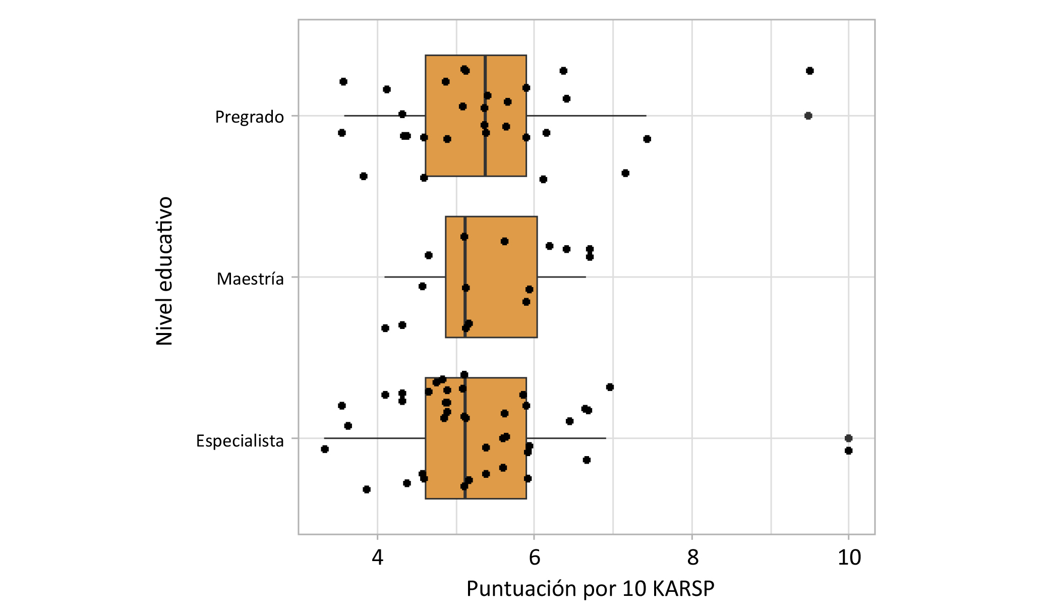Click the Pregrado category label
pos(249,117)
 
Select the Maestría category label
pos(250,279)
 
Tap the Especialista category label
pos(240,440)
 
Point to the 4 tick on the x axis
pos(377,558)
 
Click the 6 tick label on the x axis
pos(534,558)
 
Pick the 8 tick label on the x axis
pos(692,558)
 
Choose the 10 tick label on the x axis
pos(849,558)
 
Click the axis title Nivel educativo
pos(164,271)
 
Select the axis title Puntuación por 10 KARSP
pos(590,589)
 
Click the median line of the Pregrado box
pos(485,151)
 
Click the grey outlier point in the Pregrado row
pos(808,116)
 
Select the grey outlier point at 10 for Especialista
pos(848,438)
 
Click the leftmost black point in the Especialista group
pos(325,449)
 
